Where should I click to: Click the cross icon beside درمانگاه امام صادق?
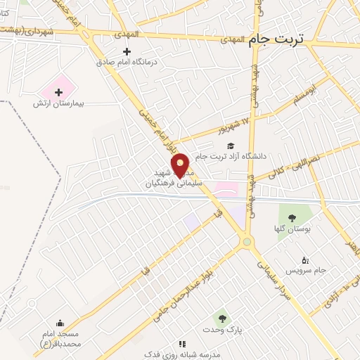click(x=127, y=51)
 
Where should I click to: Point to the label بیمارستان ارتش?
click(x=58, y=103)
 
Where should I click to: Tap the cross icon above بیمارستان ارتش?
click(x=58, y=92)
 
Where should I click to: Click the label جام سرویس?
click(x=303, y=269)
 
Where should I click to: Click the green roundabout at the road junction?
click(x=247, y=243)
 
